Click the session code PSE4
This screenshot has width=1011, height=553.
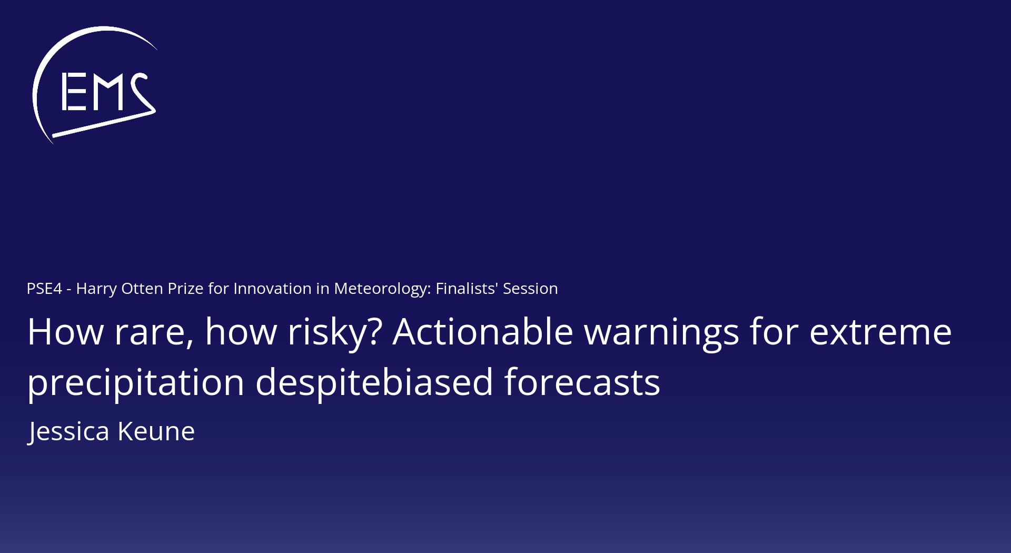pyautogui.click(x=44, y=289)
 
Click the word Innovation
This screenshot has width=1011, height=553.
pyautogui.click(x=272, y=289)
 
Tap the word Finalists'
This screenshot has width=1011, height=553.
pyautogui.click(x=467, y=289)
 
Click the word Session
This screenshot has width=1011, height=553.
pyautogui.click(x=530, y=289)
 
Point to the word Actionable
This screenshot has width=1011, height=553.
pyautogui.click(x=483, y=332)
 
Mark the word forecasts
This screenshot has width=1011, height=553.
pyautogui.click(x=582, y=382)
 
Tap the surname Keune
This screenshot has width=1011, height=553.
pyautogui.click(x=156, y=432)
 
